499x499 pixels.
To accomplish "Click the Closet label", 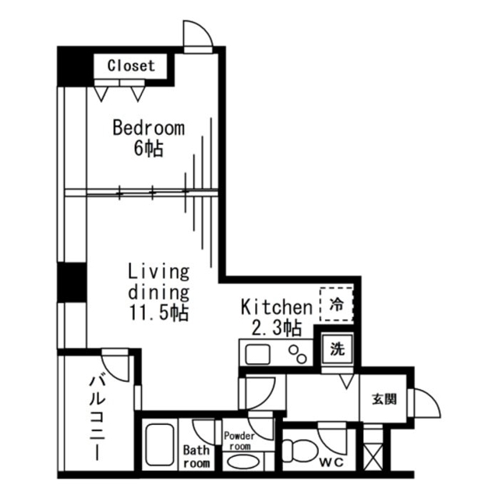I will [131, 66].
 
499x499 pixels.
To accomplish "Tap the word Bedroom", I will [148, 128].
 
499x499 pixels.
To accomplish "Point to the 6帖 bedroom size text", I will [148, 148].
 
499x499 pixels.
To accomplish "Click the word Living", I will [159, 272].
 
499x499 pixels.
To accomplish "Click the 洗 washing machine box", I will [337, 349].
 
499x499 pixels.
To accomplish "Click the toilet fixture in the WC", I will [299, 451].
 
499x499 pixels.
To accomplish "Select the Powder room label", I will [238, 441].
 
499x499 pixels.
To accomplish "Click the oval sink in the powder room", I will [239, 462].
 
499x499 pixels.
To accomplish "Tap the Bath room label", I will [196, 456].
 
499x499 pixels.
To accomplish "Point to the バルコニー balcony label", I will [98, 416].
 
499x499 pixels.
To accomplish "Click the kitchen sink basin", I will [257, 355].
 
